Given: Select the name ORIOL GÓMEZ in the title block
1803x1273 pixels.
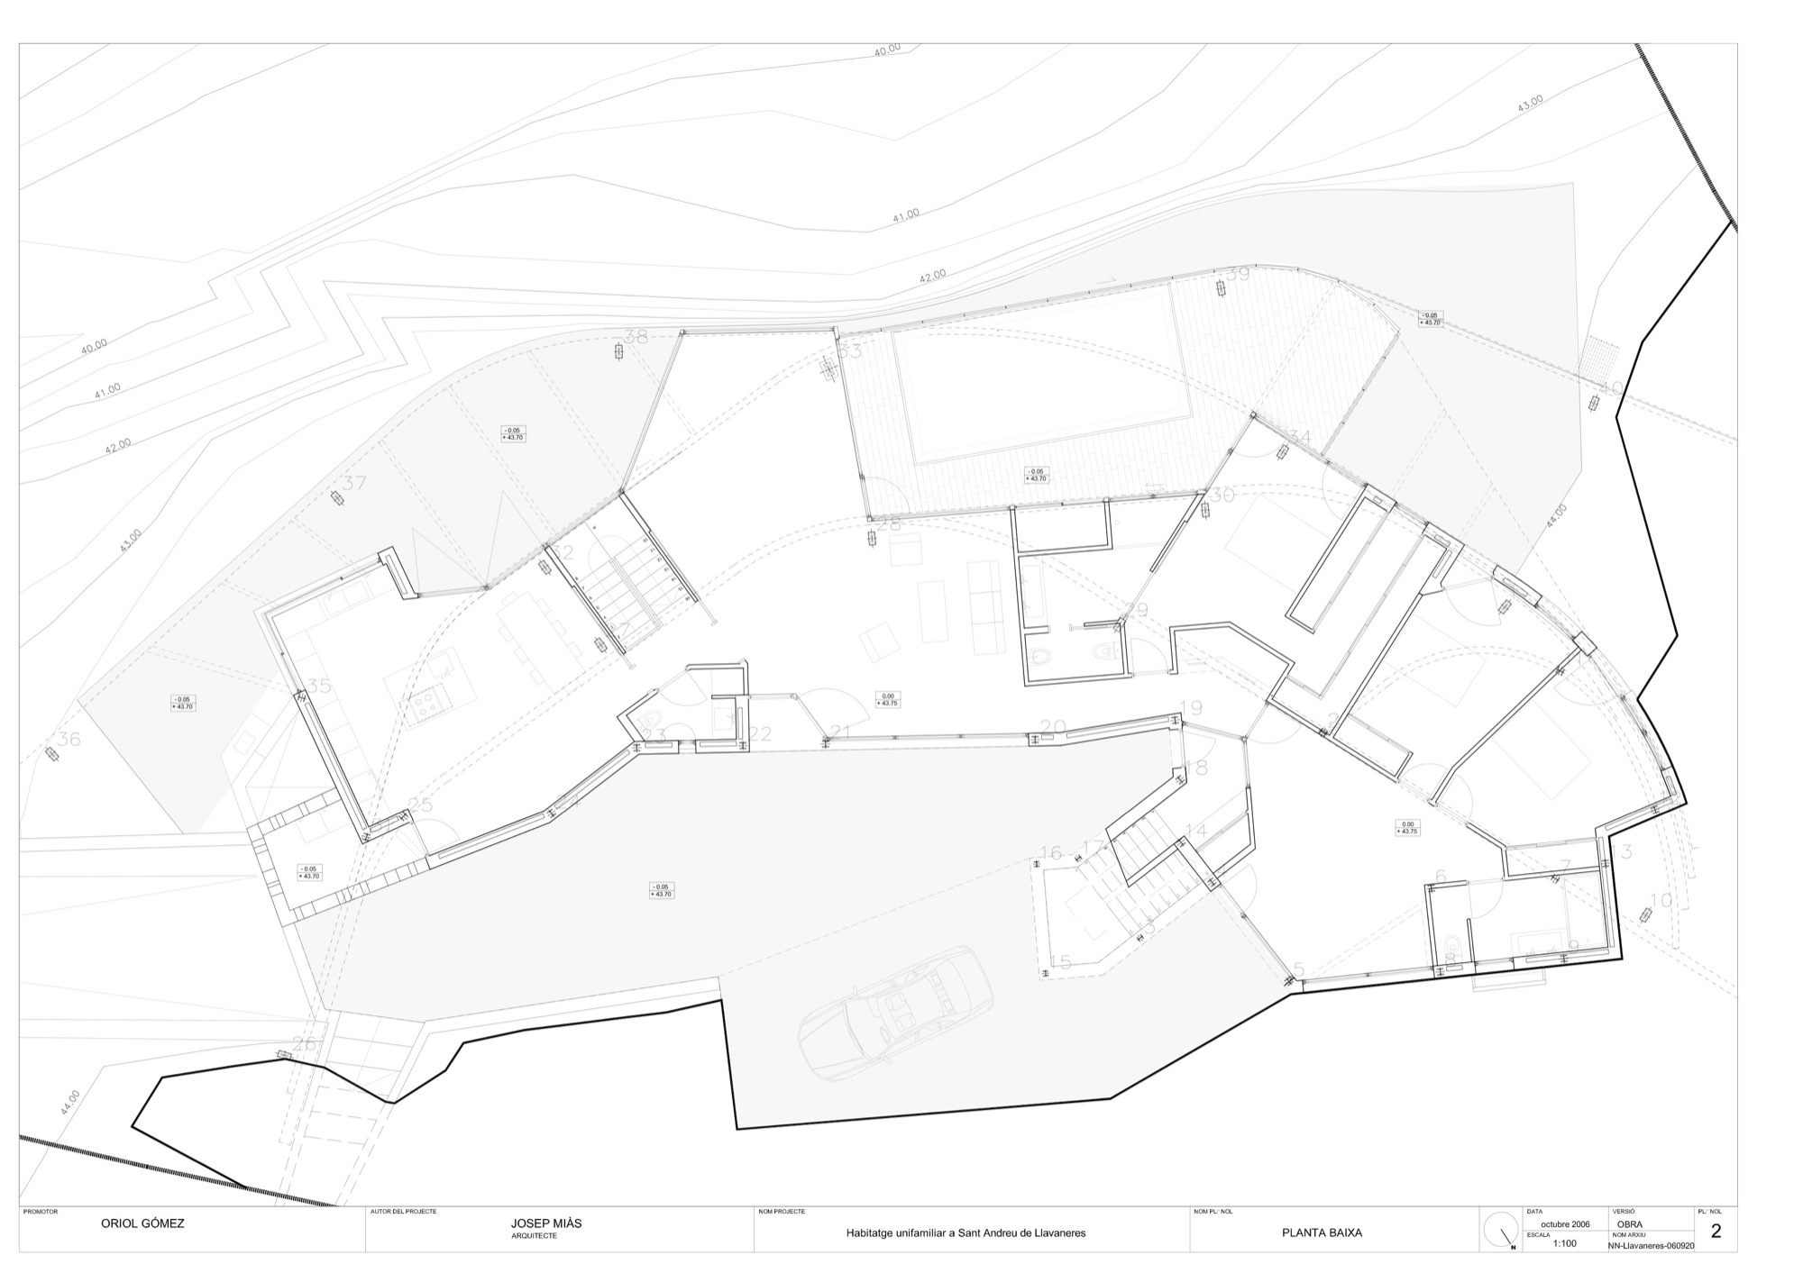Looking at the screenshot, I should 142,1224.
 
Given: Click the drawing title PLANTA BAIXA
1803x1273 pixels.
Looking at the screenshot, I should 1322,1232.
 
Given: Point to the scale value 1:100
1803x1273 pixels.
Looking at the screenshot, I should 1565,1243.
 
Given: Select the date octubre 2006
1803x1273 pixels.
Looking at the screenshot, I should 1565,1224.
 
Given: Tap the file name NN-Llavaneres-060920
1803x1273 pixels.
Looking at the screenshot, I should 1651,1246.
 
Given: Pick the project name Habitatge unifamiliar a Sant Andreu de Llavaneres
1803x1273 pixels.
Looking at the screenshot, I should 965,1232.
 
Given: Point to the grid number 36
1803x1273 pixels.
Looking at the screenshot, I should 69,740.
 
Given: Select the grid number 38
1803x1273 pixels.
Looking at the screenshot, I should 636,338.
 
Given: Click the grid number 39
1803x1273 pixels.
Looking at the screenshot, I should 1238,274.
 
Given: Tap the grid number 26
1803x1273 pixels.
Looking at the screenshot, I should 304,1044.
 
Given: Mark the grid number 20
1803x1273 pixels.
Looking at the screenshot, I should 1053,727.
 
